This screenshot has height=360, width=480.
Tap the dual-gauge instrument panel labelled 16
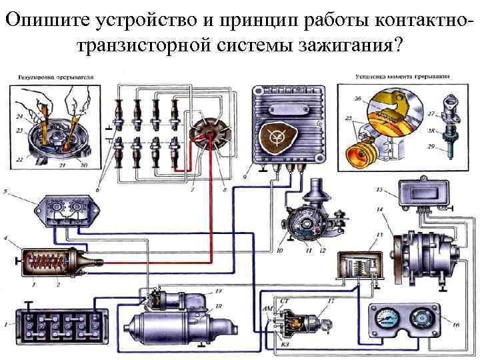(x=404, y=321)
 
